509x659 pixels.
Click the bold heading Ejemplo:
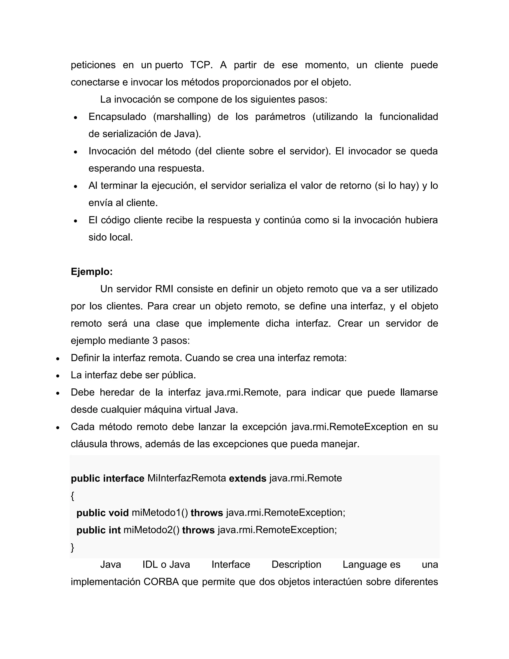[91, 272]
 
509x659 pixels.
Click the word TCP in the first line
[201, 65]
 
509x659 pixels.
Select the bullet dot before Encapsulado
[76, 117]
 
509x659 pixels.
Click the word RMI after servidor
[164, 289]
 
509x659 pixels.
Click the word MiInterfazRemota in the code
[187, 478]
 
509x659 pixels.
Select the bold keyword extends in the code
[248, 478]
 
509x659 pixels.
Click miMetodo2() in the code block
[151, 530]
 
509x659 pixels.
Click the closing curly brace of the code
[72, 547]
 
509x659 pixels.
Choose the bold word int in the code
[115, 530]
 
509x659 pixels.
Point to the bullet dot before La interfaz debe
[58, 376]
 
